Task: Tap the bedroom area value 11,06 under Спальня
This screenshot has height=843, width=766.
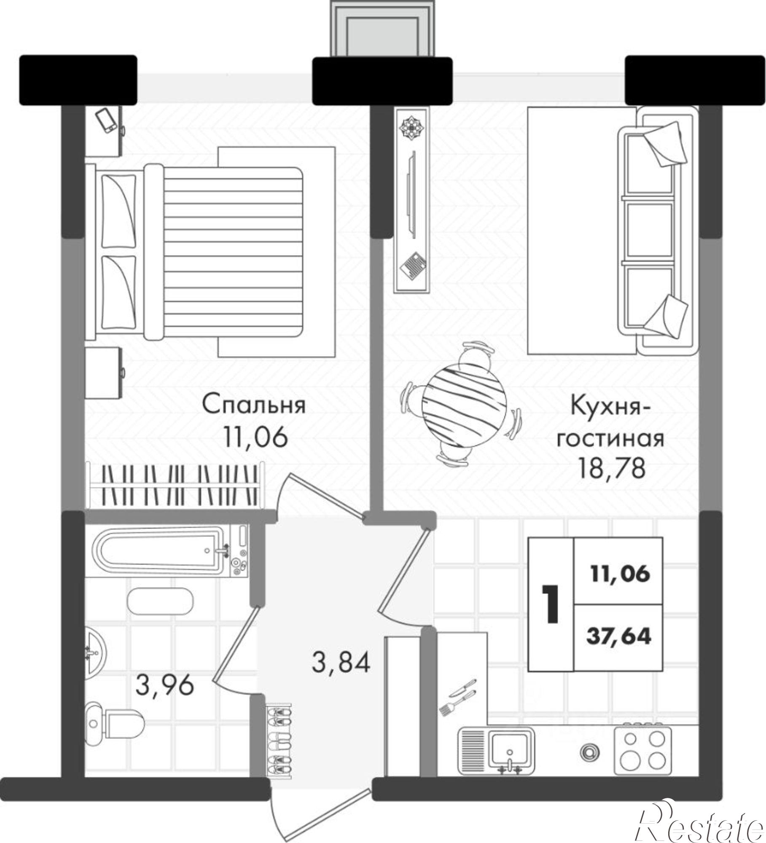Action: [256, 437]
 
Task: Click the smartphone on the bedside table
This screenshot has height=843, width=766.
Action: [106, 121]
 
